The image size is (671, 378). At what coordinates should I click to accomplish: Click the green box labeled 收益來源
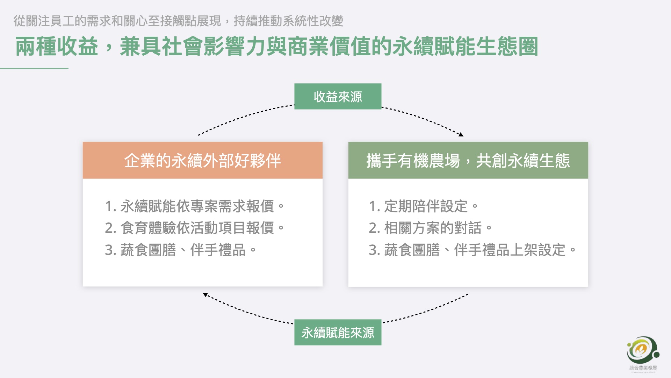(x=338, y=97)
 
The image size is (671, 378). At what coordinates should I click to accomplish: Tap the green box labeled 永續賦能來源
(x=338, y=332)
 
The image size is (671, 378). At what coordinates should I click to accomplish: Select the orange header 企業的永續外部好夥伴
(x=202, y=161)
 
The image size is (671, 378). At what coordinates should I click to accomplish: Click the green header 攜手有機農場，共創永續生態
(x=468, y=161)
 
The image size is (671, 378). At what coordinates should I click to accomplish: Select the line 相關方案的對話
(x=430, y=228)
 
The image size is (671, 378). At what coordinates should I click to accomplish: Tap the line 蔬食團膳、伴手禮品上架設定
(x=472, y=250)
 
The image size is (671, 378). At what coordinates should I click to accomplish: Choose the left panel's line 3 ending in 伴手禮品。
(x=180, y=250)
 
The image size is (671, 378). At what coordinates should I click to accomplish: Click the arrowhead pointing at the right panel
(x=461, y=134)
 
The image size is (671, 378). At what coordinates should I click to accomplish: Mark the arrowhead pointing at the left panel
(x=205, y=295)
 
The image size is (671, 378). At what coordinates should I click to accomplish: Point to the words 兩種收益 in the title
(x=57, y=47)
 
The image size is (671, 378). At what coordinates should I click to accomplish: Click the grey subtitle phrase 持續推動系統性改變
(x=288, y=21)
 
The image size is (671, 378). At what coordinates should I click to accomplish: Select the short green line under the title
(x=34, y=68)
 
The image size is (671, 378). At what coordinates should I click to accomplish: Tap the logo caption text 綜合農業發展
(x=643, y=368)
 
